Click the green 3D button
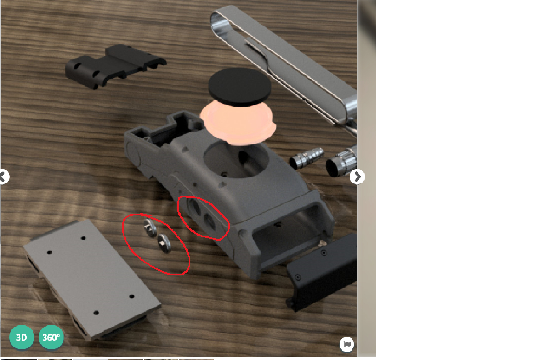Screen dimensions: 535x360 coord(21,338)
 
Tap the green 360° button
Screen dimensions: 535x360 coord(51,338)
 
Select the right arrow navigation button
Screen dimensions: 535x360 coord(357,177)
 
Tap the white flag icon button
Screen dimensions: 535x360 coord(347,344)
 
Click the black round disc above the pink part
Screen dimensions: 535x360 coord(240,87)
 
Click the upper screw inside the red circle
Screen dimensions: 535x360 coord(150,228)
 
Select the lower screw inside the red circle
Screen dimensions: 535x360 coord(164,244)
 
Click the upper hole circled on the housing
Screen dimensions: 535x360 coord(195,207)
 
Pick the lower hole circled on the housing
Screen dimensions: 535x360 coord(209,222)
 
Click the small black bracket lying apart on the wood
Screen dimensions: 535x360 coord(115,66)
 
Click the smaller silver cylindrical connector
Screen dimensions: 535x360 coord(307,158)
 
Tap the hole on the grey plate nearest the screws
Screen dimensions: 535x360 coord(83,238)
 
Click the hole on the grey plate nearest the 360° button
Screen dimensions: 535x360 coord(96,313)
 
